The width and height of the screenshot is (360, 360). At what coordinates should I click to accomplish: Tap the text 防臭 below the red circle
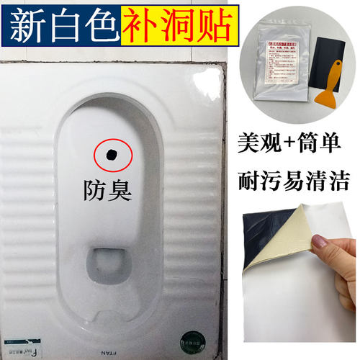(109, 190)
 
